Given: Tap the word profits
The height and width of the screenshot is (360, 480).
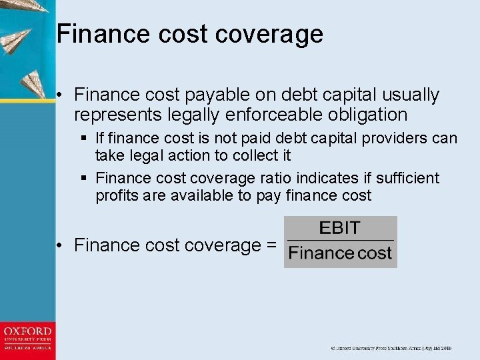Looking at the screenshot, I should tap(117, 195).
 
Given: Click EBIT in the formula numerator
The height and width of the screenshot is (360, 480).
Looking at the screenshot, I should tap(340, 228).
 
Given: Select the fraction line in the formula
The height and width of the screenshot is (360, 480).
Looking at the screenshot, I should tap(340, 240).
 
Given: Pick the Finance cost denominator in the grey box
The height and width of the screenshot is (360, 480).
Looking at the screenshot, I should tap(340, 253).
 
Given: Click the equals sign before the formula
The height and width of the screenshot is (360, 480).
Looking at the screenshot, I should tap(271, 246).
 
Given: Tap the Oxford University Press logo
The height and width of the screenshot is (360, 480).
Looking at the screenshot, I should tap(27, 340).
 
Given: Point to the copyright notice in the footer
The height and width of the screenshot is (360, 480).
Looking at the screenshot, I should tap(391, 348).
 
